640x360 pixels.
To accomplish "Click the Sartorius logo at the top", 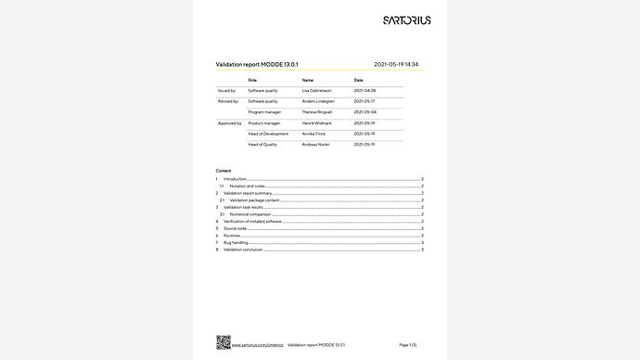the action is click(x=406, y=19).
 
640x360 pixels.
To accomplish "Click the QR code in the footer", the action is click(x=223, y=341).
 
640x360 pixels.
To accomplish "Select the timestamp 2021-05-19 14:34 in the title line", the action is click(x=402, y=64).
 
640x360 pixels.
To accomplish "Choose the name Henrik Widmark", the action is click(x=319, y=122).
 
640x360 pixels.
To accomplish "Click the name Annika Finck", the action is click(x=315, y=134).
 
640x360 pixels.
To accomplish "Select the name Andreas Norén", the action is click(x=317, y=145).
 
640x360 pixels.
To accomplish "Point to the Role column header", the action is click(x=251, y=81).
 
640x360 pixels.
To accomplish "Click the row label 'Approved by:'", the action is click(x=229, y=122).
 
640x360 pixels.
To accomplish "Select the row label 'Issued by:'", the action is click(x=226, y=91).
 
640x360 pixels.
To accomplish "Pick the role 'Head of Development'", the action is click(x=268, y=134).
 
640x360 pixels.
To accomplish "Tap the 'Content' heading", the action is click(x=224, y=172).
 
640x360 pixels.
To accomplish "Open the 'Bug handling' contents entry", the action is click(x=236, y=242).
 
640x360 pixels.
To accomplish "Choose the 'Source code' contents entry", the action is click(x=235, y=228).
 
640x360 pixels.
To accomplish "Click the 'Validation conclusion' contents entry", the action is click(x=244, y=250).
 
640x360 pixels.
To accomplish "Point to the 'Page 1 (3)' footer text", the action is click(x=407, y=344).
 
